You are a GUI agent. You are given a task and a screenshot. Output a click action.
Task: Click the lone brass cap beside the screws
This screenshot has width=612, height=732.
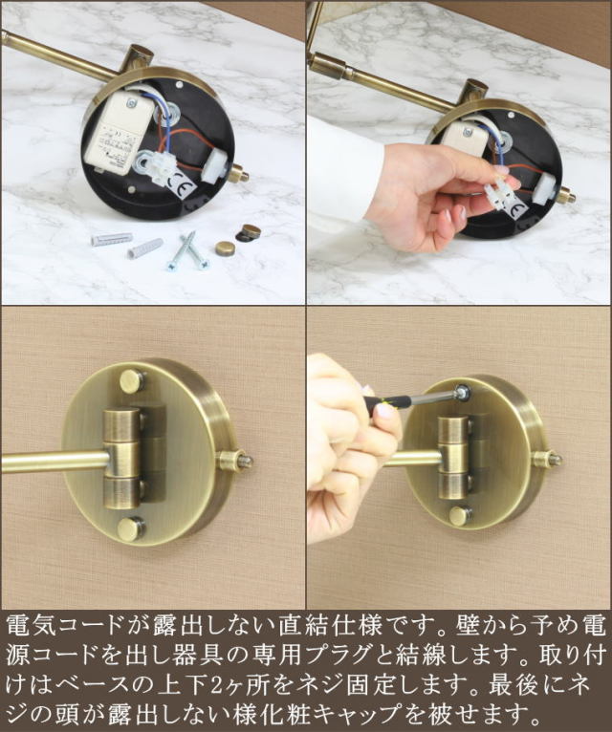click(x=225, y=248)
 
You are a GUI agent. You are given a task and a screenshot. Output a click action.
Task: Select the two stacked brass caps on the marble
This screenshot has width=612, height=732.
click(x=251, y=232)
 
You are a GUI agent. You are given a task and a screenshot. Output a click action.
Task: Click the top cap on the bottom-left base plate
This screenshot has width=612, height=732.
click(x=132, y=381)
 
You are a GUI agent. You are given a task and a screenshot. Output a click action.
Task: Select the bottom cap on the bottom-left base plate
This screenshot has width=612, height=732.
click(x=132, y=528)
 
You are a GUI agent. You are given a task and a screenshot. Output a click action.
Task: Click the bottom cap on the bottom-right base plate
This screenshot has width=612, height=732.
click(x=460, y=516)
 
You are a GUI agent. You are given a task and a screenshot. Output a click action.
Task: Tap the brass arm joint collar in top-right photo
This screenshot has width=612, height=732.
click(x=331, y=65)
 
